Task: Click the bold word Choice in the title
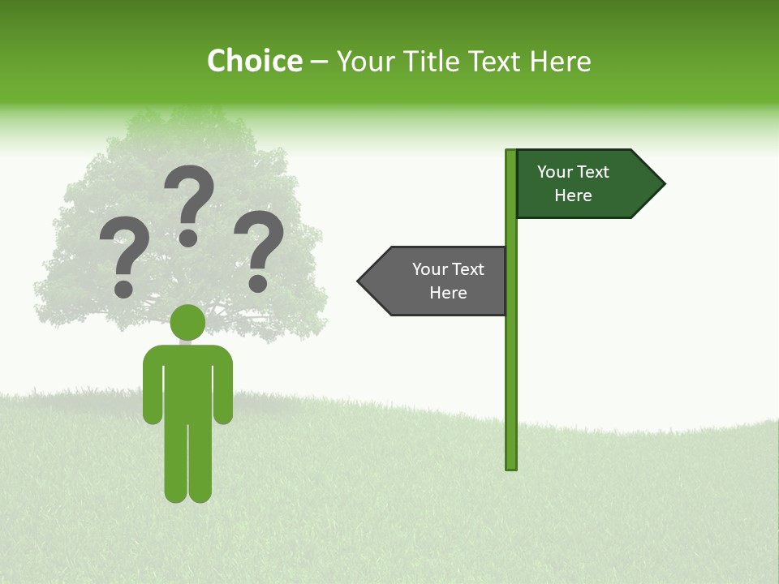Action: click(254, 61)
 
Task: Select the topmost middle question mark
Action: click(189, 203)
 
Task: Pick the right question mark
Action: click(259, 249)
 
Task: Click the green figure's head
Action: click(188, 322)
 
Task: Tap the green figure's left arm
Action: click(153, 389)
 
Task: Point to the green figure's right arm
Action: click(224, 389)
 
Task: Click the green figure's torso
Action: click(188, 381)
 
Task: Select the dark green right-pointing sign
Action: click(584, 184)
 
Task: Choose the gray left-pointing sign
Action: click(438, 281)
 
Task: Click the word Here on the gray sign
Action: click(448, 293)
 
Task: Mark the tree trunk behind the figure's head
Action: click(188, 337)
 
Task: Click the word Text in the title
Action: click(494, 61)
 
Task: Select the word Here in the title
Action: click(561, 61)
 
